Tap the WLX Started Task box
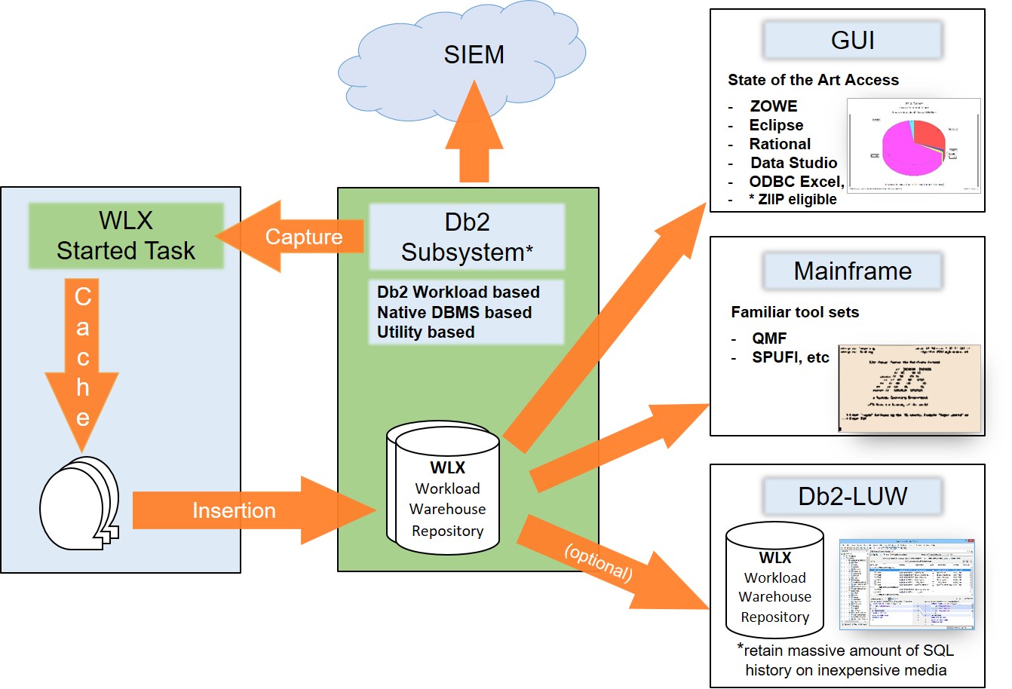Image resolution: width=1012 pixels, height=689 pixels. (126, 235)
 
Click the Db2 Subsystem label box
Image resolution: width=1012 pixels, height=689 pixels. (467, 237)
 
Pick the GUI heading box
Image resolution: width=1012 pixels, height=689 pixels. (852, 40)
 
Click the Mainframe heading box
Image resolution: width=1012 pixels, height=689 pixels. (852, 271)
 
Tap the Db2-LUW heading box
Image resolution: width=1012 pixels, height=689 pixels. (852, 497)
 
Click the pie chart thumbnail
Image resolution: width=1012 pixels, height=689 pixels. (914, 145)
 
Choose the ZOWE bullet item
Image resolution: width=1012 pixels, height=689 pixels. (773, 106)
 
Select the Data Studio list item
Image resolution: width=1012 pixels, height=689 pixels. (793, 163)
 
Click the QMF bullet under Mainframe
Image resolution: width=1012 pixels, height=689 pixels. (769, 338)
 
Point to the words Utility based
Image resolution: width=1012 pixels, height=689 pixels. (426, 332)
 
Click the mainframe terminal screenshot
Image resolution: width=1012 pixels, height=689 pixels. (909, 388)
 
